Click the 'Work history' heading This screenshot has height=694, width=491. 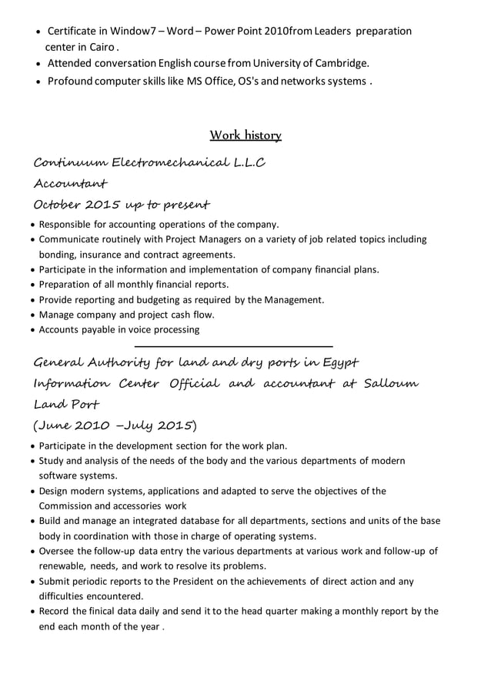(x=245, y=135)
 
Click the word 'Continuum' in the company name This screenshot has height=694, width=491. (x=71, y=163)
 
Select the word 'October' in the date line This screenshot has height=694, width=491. (x=57, y=205)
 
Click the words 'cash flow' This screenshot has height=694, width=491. (x=193, y=315)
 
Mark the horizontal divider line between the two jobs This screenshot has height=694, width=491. (x=233, y=346)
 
